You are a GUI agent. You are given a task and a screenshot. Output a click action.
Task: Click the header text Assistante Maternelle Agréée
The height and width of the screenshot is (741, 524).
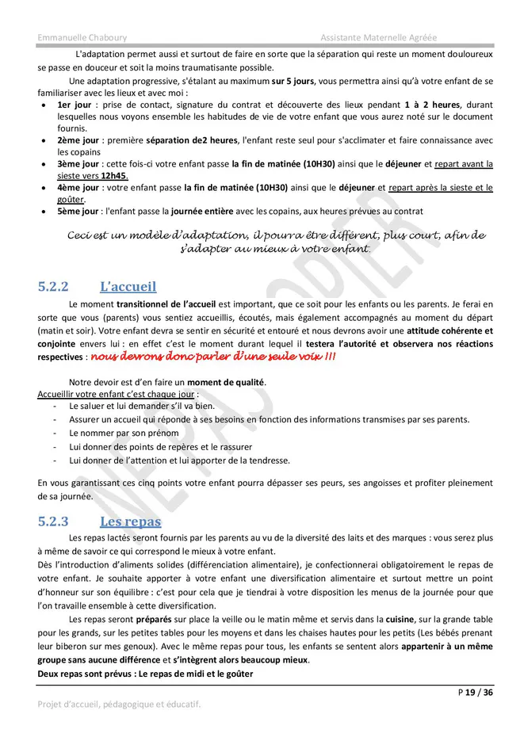coord(378,38)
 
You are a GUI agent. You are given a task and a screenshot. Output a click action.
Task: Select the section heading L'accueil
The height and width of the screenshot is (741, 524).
coord(128,286)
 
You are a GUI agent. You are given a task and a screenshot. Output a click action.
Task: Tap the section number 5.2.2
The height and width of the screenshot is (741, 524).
coord(54,287)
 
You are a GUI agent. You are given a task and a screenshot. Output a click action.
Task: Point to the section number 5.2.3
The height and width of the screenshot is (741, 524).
coord(54,521)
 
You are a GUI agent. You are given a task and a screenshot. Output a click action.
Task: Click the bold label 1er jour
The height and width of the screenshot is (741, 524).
coord(75,105)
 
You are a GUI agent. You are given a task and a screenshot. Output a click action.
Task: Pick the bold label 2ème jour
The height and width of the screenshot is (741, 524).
coord(78,140)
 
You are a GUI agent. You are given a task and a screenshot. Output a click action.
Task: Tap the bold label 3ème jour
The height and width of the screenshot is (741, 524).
coord(78,164)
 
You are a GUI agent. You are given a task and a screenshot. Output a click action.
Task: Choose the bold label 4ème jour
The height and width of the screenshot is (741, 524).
coord(78,188)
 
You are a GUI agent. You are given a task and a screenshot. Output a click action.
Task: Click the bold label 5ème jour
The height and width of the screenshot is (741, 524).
coord(78,212)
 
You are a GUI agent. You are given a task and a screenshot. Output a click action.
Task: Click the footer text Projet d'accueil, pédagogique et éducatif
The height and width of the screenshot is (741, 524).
coord(119,704)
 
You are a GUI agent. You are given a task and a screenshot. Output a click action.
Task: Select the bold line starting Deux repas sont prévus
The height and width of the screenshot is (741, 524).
coord(145,674)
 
